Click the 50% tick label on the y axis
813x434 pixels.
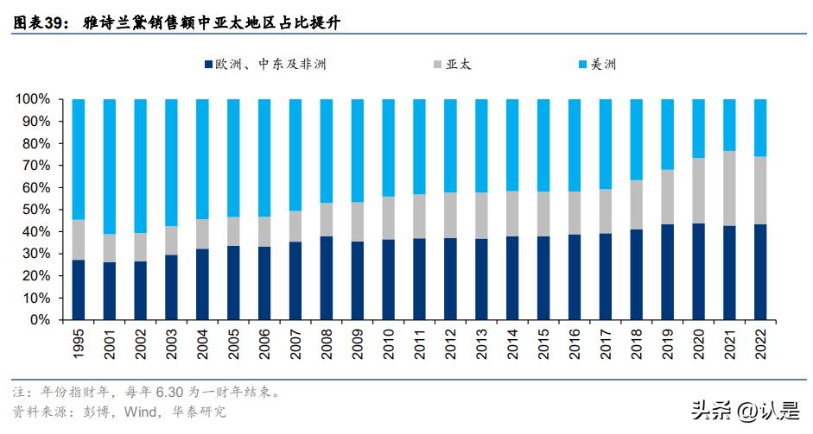pyautogui.click(x=35, y=210)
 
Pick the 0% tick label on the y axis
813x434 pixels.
pyautogui.click(x=39, y=320)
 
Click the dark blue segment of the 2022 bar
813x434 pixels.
pyautogui.click(x=760, y=272)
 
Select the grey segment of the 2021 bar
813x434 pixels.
pyautogui.click(x=729, y=188)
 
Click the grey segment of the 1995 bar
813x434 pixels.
pyautogui.click(x=79, y=240)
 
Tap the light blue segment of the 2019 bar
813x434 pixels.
pyautogui.click(x=668, y=135)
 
